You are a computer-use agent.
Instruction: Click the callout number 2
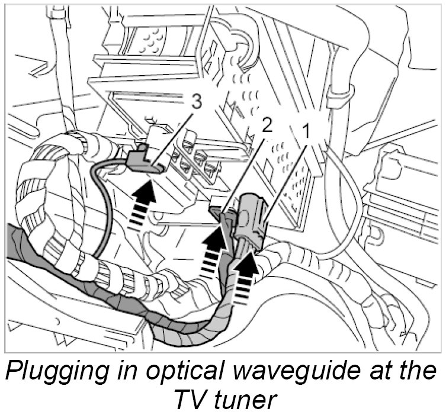(x=268, y=126)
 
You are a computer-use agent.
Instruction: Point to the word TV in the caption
(x=190, y=401)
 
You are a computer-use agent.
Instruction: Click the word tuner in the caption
(x=246, y=401)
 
